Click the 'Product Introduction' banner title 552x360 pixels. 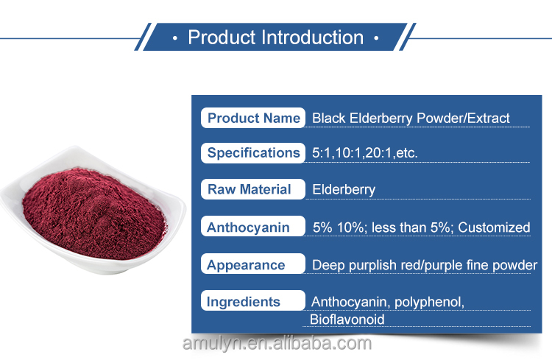coord(276,38)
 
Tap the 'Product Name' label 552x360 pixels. coord(252,118)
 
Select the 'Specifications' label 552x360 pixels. coord(252,153)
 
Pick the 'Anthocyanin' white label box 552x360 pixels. coord(252,227)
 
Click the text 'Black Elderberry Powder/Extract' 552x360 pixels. coord(411,119)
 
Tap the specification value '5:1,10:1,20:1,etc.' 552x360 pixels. coord(365,153)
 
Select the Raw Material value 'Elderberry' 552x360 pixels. coord(344,190)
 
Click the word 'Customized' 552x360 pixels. coord(494,227)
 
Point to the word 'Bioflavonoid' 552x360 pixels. coord(347,320)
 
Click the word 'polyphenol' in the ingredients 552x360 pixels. coord(428,303)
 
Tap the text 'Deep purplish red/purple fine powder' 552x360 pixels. coord(425,265)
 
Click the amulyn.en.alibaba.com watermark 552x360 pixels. coord(277,343)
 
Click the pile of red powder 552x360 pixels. coord(94,213)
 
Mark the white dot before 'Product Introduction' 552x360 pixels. coord(175,38)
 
